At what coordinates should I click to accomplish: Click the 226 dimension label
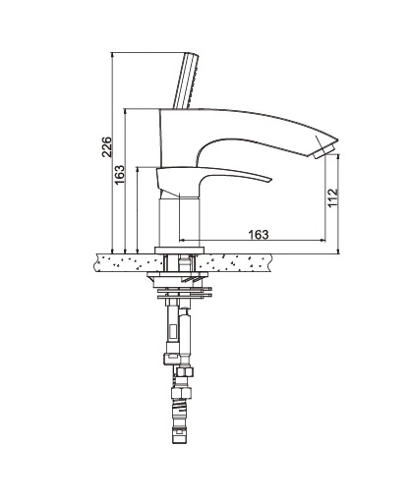tap(107, 147)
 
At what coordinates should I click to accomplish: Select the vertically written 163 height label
tap(120, 175)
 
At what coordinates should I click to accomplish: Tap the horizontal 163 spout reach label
tap(259, 235)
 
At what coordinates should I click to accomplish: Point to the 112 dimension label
tap(333, 197)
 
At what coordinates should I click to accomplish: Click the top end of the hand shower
tap(192, 53)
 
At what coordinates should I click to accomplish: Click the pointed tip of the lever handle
tap(271, 180)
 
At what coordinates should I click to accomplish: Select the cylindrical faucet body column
tap(180, 222)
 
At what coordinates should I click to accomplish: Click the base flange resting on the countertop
tap(180, 251)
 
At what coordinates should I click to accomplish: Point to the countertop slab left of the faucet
tap(127, 262)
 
